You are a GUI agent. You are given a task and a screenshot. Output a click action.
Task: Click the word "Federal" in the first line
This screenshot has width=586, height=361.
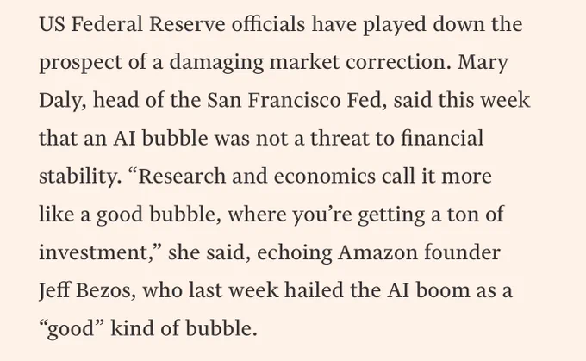[107, 24]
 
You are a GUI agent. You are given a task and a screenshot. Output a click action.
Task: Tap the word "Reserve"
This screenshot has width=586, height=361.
[187, 24]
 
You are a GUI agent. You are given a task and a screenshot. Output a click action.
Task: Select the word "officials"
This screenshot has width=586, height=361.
[268, 24]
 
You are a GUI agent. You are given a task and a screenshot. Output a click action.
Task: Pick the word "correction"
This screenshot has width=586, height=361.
[396, 63]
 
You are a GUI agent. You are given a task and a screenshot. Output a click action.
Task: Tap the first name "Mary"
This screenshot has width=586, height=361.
[483, 63]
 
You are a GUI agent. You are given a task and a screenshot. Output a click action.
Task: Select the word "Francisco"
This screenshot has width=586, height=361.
[294, 101]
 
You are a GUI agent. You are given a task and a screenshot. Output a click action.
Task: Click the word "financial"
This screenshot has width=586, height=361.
[442, 138]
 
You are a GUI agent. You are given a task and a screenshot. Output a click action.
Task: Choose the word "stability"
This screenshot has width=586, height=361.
[79, 177]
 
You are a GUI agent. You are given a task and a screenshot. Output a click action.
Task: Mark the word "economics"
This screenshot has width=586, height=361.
[324, 177]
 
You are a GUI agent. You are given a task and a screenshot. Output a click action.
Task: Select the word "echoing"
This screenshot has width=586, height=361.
[294, 253]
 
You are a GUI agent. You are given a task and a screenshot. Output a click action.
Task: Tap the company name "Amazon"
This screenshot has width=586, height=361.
[377, 252]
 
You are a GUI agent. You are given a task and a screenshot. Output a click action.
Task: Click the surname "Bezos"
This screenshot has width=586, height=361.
[105, 290]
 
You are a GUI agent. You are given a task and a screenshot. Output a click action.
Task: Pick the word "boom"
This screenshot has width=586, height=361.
[442, 290]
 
